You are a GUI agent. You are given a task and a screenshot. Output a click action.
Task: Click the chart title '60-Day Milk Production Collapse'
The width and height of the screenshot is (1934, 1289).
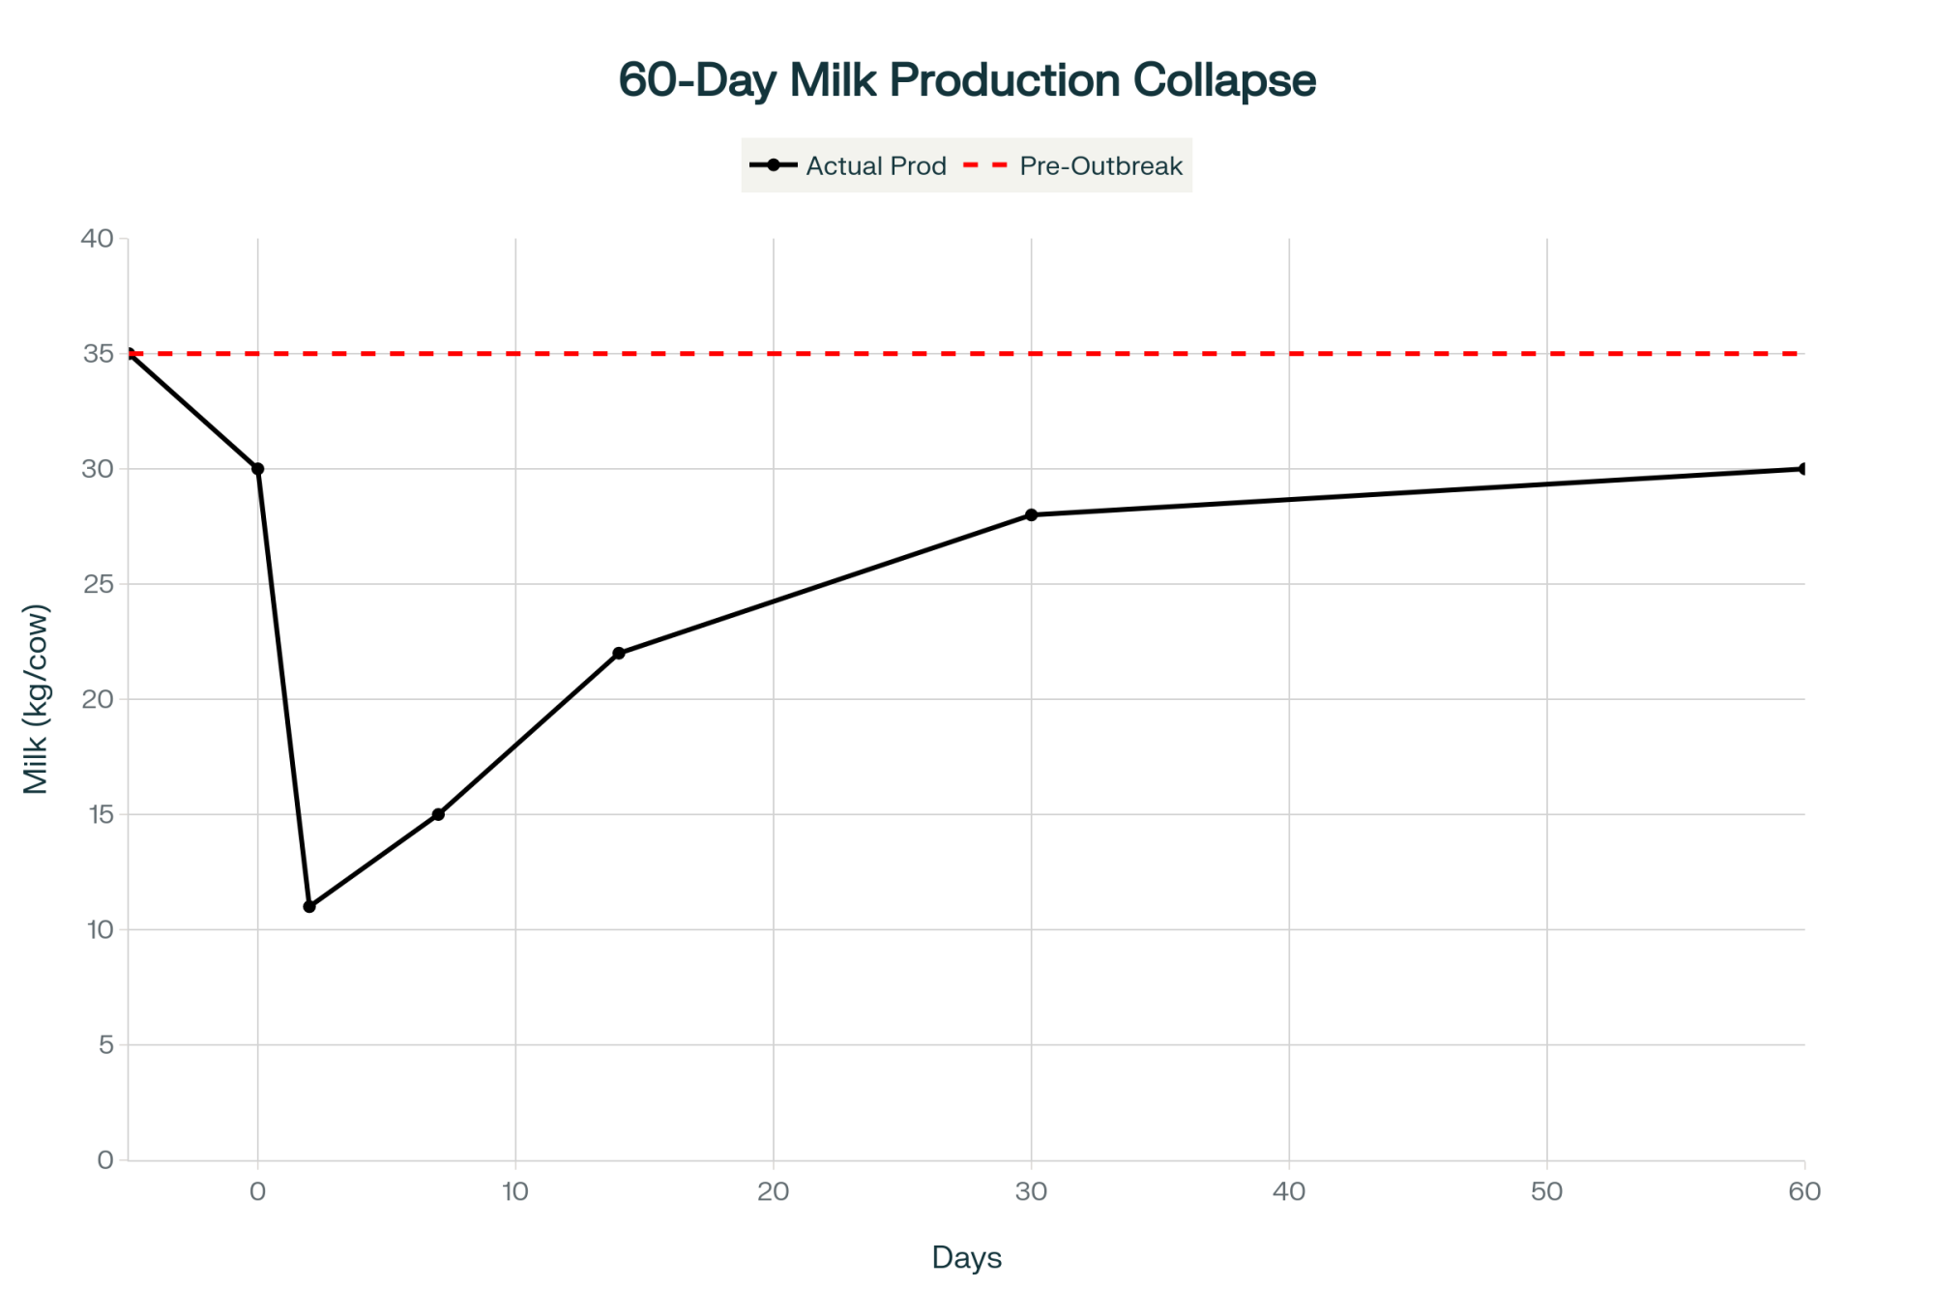coord(967,79)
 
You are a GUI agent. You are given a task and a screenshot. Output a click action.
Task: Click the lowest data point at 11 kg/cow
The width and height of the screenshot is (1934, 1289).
coord(309,906)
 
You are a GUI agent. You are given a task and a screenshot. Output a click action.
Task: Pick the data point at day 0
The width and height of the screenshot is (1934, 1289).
coord(258,469)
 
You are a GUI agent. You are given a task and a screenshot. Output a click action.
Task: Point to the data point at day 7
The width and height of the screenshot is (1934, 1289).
coord(438,814)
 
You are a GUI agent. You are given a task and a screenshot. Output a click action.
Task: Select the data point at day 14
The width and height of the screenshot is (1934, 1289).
coord(619,654)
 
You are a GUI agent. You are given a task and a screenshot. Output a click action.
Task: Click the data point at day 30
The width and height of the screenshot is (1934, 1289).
coord(1032,514)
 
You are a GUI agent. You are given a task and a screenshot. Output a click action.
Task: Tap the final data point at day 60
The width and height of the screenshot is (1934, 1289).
coord(1803,469)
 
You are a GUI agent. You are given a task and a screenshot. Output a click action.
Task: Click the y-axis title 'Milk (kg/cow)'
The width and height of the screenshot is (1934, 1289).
coord(36,699)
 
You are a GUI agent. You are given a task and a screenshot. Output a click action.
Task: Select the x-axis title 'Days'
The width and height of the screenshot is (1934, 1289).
coord(967,1257)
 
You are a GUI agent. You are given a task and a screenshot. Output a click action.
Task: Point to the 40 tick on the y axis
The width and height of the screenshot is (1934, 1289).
coord(98,238)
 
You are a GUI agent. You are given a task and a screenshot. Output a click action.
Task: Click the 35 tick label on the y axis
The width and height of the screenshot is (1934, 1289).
coord(98,354)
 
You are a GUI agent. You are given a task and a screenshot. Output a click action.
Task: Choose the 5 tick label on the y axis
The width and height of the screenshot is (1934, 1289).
coord(105,1044)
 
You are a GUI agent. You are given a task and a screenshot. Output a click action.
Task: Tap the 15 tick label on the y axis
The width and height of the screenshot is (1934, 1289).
coord(100,814)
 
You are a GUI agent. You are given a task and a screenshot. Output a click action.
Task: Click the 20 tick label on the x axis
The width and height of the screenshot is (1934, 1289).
coord(774,1191)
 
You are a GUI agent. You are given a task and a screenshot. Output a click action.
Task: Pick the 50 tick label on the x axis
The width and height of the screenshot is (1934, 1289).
coord(1547,1191)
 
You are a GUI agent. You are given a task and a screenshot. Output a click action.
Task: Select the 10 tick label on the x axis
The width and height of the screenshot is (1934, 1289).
coord(515,1191)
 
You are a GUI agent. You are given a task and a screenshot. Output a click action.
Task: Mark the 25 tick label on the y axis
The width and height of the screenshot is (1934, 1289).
coord(98,584)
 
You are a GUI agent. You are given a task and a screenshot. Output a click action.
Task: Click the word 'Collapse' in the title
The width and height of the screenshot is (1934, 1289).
coord(1224,79)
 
